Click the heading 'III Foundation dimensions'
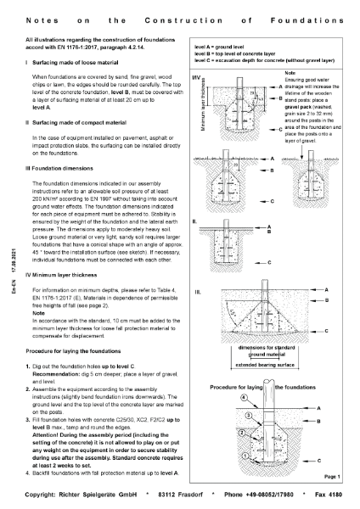click(65, 168)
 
